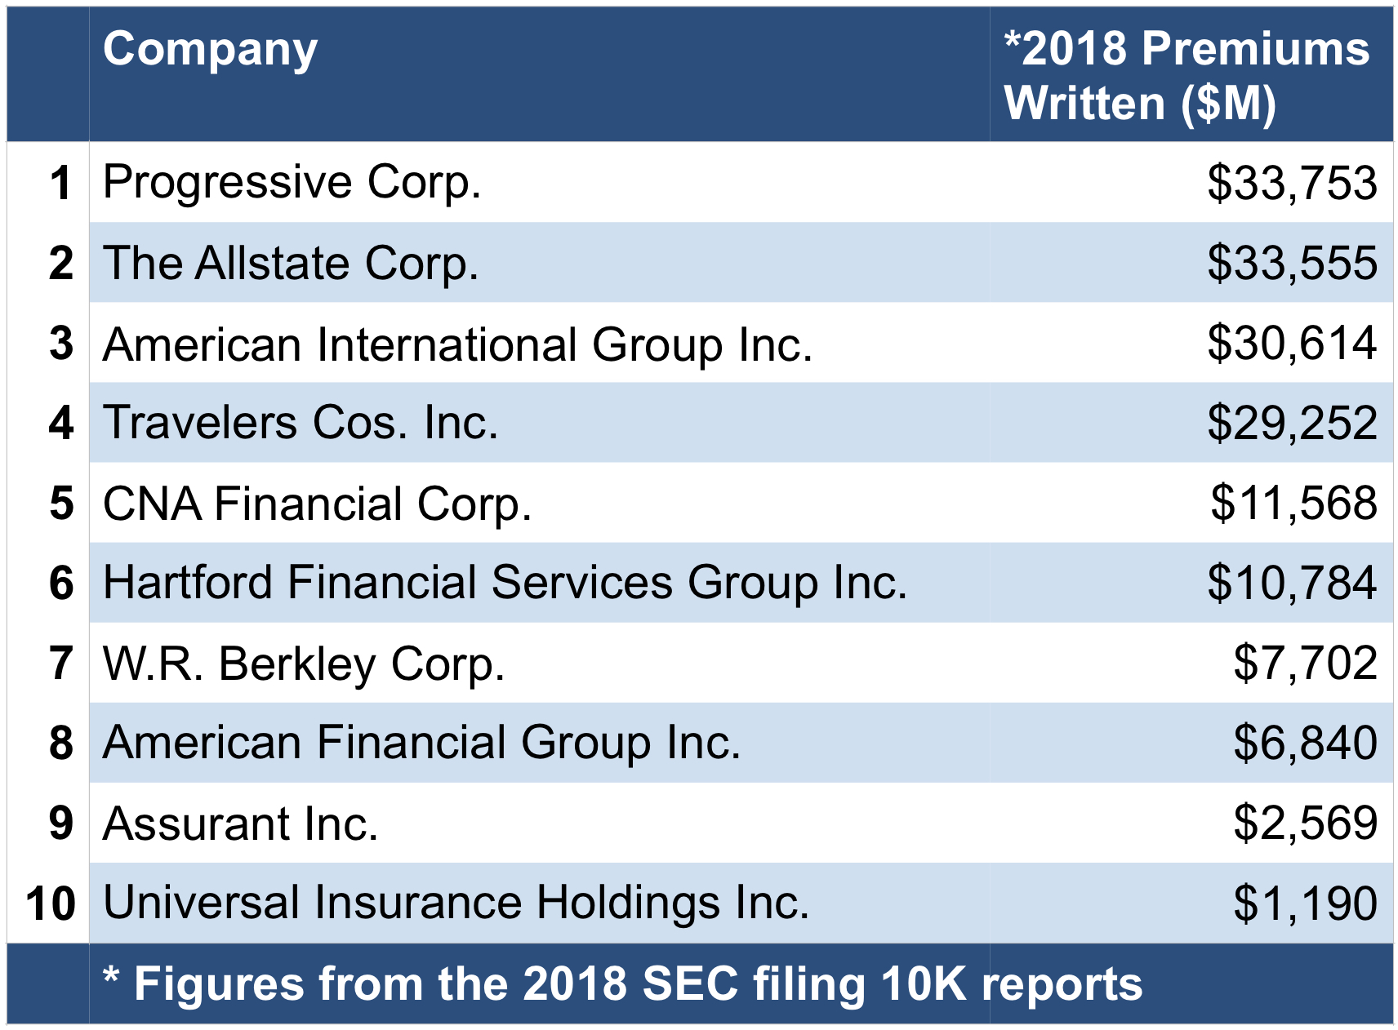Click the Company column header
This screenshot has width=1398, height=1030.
(210, 51)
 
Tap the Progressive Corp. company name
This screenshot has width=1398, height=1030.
(292, 182)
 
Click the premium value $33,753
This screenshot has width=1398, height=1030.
(1292, 183)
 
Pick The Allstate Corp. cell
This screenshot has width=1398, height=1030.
(291, 263)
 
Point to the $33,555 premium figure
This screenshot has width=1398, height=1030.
(1292, 263)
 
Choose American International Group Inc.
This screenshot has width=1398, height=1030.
(457, 344)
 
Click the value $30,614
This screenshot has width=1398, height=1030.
(1292, 343)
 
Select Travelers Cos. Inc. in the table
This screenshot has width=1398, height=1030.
(301, 423)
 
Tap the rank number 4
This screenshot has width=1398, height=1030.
(61, 424)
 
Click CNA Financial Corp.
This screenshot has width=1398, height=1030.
(317, 503)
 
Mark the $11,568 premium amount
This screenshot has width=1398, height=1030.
(1293, 503)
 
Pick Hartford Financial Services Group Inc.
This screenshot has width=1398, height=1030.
(505, 583)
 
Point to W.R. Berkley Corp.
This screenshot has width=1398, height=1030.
(304, 663)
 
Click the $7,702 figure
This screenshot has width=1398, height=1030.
(1305, 663)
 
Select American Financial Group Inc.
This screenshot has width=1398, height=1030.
(421, 743)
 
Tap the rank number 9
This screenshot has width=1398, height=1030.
(61, 823)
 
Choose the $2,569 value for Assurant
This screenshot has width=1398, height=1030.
(1305, 823)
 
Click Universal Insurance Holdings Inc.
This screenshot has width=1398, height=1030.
(456, 903)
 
